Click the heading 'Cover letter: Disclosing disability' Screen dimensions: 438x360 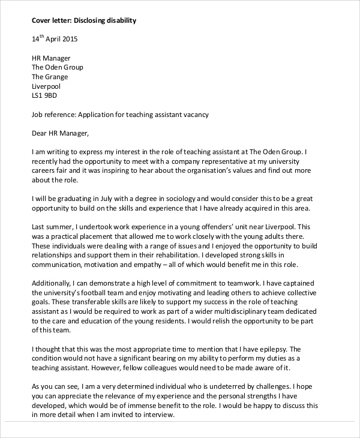pos(83,20)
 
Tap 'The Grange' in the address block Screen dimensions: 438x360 pos(49,77)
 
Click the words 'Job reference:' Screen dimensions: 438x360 pos(53,114)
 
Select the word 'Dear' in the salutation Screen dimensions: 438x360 pos(40,133)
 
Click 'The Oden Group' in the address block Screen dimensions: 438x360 pos(57,68)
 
